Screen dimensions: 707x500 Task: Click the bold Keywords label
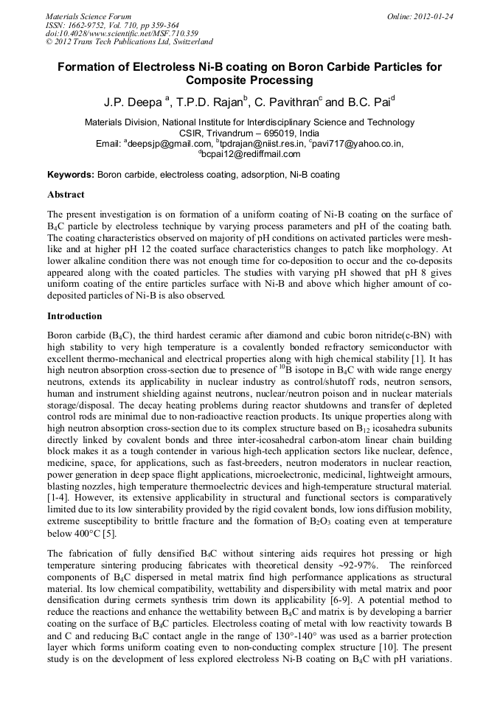pyautogui.click(x=71, y=175)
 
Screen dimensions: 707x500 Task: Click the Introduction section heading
pyautogui.click(x=74, y=316)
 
